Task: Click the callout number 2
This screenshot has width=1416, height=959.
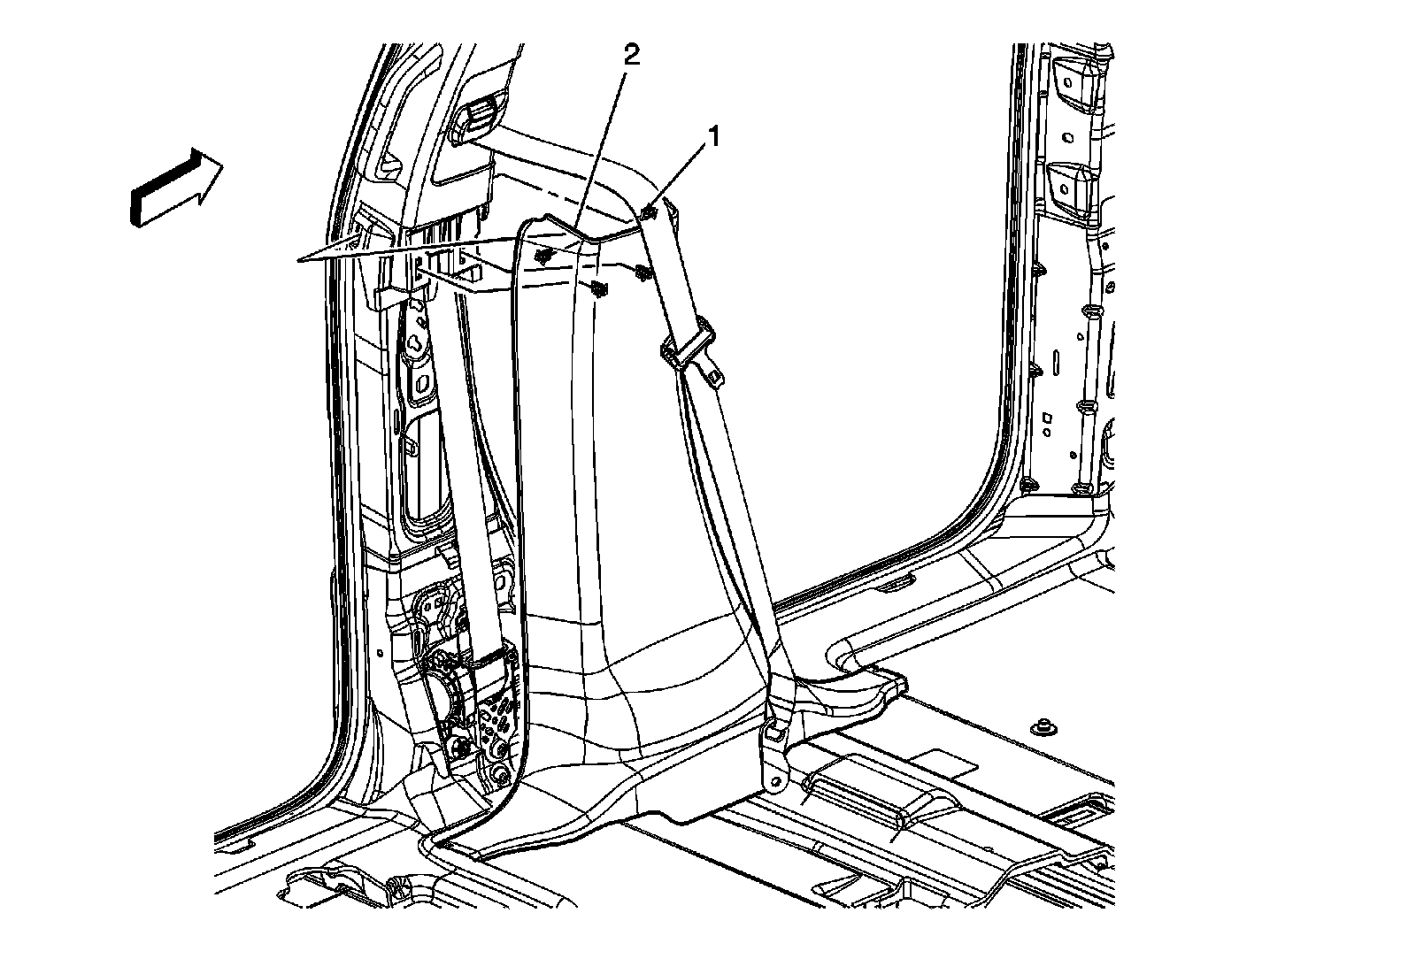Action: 630,55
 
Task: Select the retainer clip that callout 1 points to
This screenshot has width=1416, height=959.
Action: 649,212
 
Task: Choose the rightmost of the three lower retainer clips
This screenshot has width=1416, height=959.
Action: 643,273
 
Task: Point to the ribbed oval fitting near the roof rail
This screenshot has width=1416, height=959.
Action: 476,114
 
